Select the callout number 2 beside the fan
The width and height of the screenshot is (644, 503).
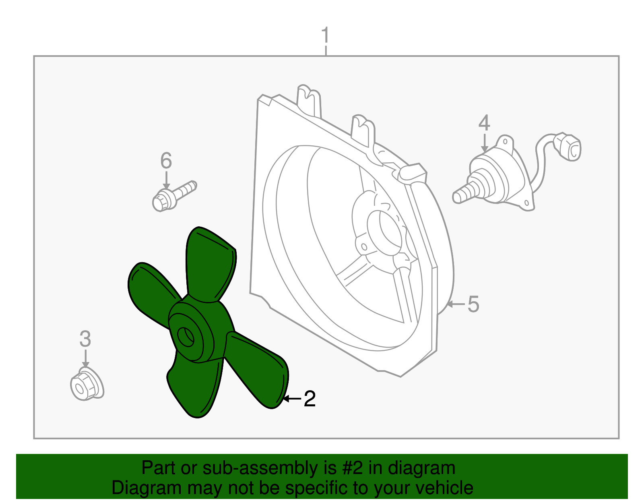point(309,399)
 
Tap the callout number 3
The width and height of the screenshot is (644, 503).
point(85,339)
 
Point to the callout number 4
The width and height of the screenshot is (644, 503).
point(484,123)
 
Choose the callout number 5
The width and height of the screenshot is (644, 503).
point(473,304)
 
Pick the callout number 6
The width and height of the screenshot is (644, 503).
point(166,161)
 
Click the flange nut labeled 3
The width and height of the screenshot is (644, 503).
point(86,385)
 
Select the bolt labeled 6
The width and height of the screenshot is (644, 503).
point(173,196)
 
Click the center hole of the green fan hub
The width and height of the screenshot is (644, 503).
point(186,337)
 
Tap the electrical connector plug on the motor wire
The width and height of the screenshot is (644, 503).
point(568,147)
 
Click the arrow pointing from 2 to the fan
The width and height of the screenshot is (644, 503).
point(292,399)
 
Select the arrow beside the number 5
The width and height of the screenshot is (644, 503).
point(456,304)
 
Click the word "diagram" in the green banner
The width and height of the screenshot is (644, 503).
point(421,468)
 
